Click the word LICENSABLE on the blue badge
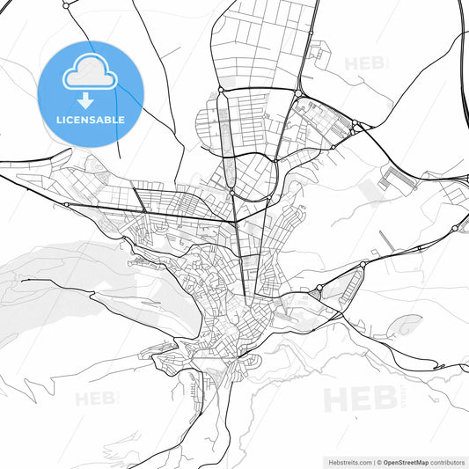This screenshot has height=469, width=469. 91,119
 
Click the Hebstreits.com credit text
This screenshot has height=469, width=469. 348,461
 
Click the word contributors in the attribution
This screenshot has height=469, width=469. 448,461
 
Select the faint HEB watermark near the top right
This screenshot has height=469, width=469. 365,63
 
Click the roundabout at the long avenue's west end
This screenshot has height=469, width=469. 66,204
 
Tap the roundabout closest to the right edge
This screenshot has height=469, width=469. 454,228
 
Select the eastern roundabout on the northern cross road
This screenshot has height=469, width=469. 300,93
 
